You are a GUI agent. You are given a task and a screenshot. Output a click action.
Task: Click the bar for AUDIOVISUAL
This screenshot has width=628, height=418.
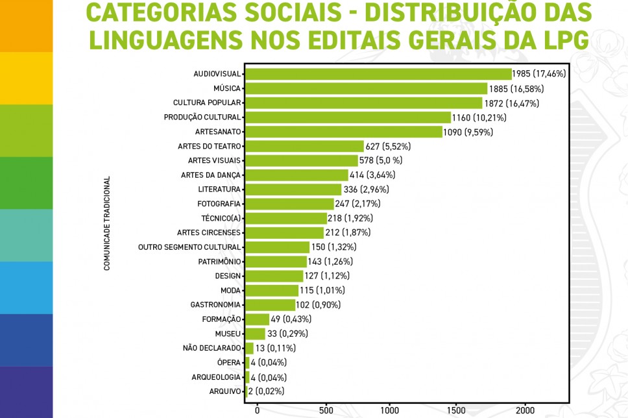click(378, 74)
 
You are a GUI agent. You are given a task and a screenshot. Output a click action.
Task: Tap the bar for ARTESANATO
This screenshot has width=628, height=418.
click(344, 132)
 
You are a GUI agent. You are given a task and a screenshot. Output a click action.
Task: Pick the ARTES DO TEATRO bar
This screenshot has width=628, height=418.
click(304, 146)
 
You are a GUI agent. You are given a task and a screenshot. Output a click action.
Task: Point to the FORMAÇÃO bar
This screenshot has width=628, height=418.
click(257, 319)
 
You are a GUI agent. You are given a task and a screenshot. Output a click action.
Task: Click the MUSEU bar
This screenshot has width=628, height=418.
click(255, 334)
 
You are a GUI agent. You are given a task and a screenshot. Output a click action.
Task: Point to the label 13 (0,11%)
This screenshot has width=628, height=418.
click(276, 348)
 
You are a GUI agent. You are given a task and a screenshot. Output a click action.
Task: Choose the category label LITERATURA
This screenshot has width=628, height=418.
click(219, 190)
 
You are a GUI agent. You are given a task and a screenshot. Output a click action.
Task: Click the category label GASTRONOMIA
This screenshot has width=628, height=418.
click(215, 304)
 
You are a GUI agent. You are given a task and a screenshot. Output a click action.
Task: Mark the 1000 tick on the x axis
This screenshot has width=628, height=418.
click(390, 410)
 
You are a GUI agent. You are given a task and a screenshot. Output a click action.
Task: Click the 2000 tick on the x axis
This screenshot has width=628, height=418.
click(524, 410)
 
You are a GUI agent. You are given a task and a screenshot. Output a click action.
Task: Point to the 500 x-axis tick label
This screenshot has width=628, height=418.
click(325, 410)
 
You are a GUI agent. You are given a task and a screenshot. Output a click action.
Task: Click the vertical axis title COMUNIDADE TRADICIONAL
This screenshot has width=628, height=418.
click(107, 223)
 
